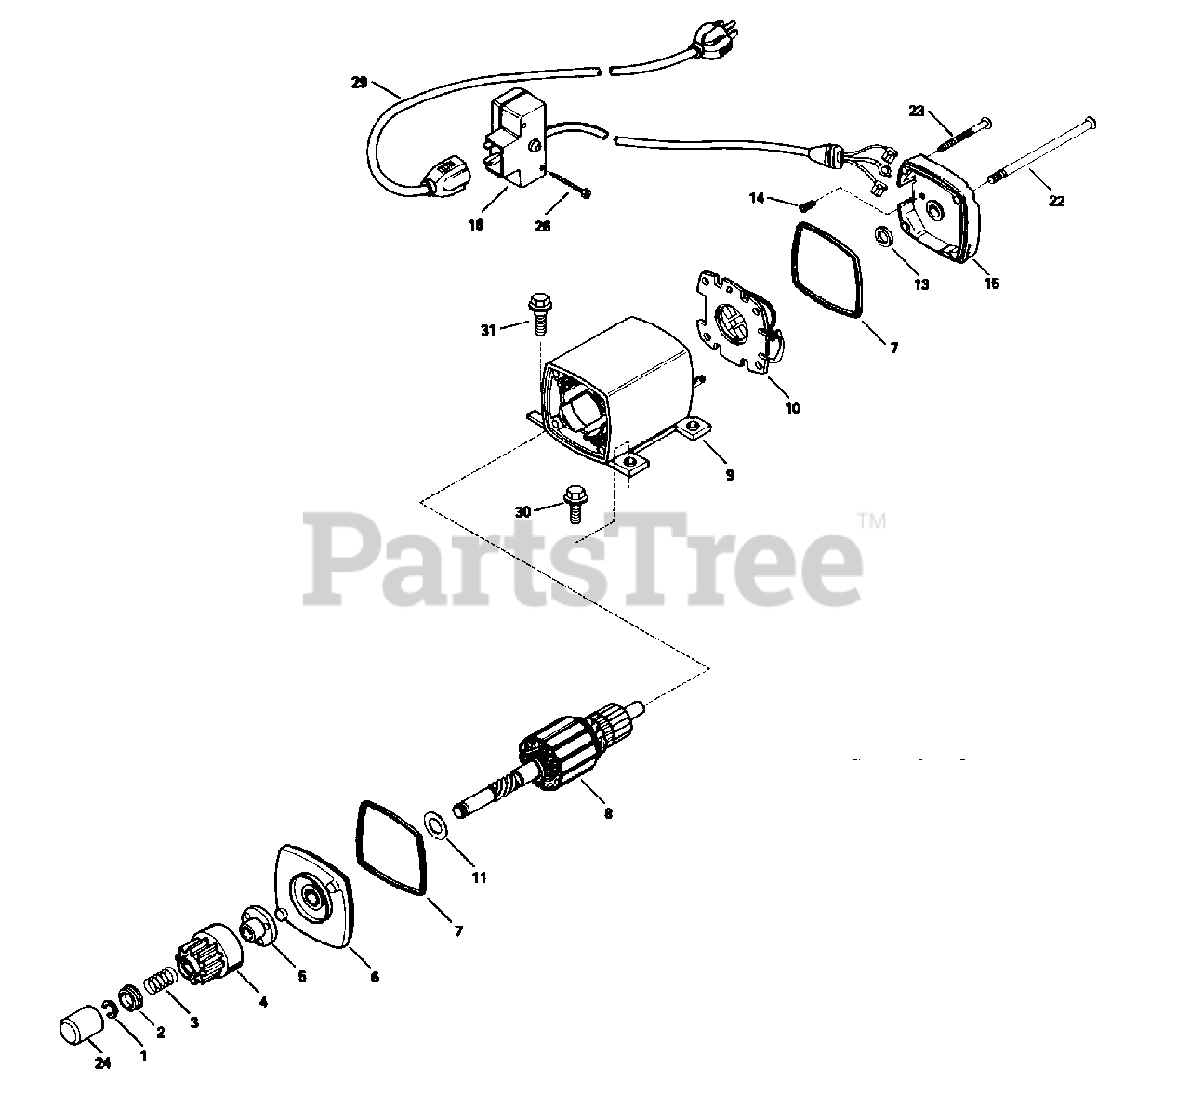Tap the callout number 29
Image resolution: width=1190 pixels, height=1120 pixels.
359,83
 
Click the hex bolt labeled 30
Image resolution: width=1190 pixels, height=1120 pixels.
574,503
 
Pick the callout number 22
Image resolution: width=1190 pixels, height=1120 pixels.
1056,201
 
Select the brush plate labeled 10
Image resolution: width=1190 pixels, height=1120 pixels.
739,323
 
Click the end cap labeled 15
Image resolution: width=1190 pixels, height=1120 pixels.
941,205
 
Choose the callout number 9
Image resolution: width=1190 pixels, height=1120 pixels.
730,475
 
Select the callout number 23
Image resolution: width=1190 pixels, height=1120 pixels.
917,111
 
